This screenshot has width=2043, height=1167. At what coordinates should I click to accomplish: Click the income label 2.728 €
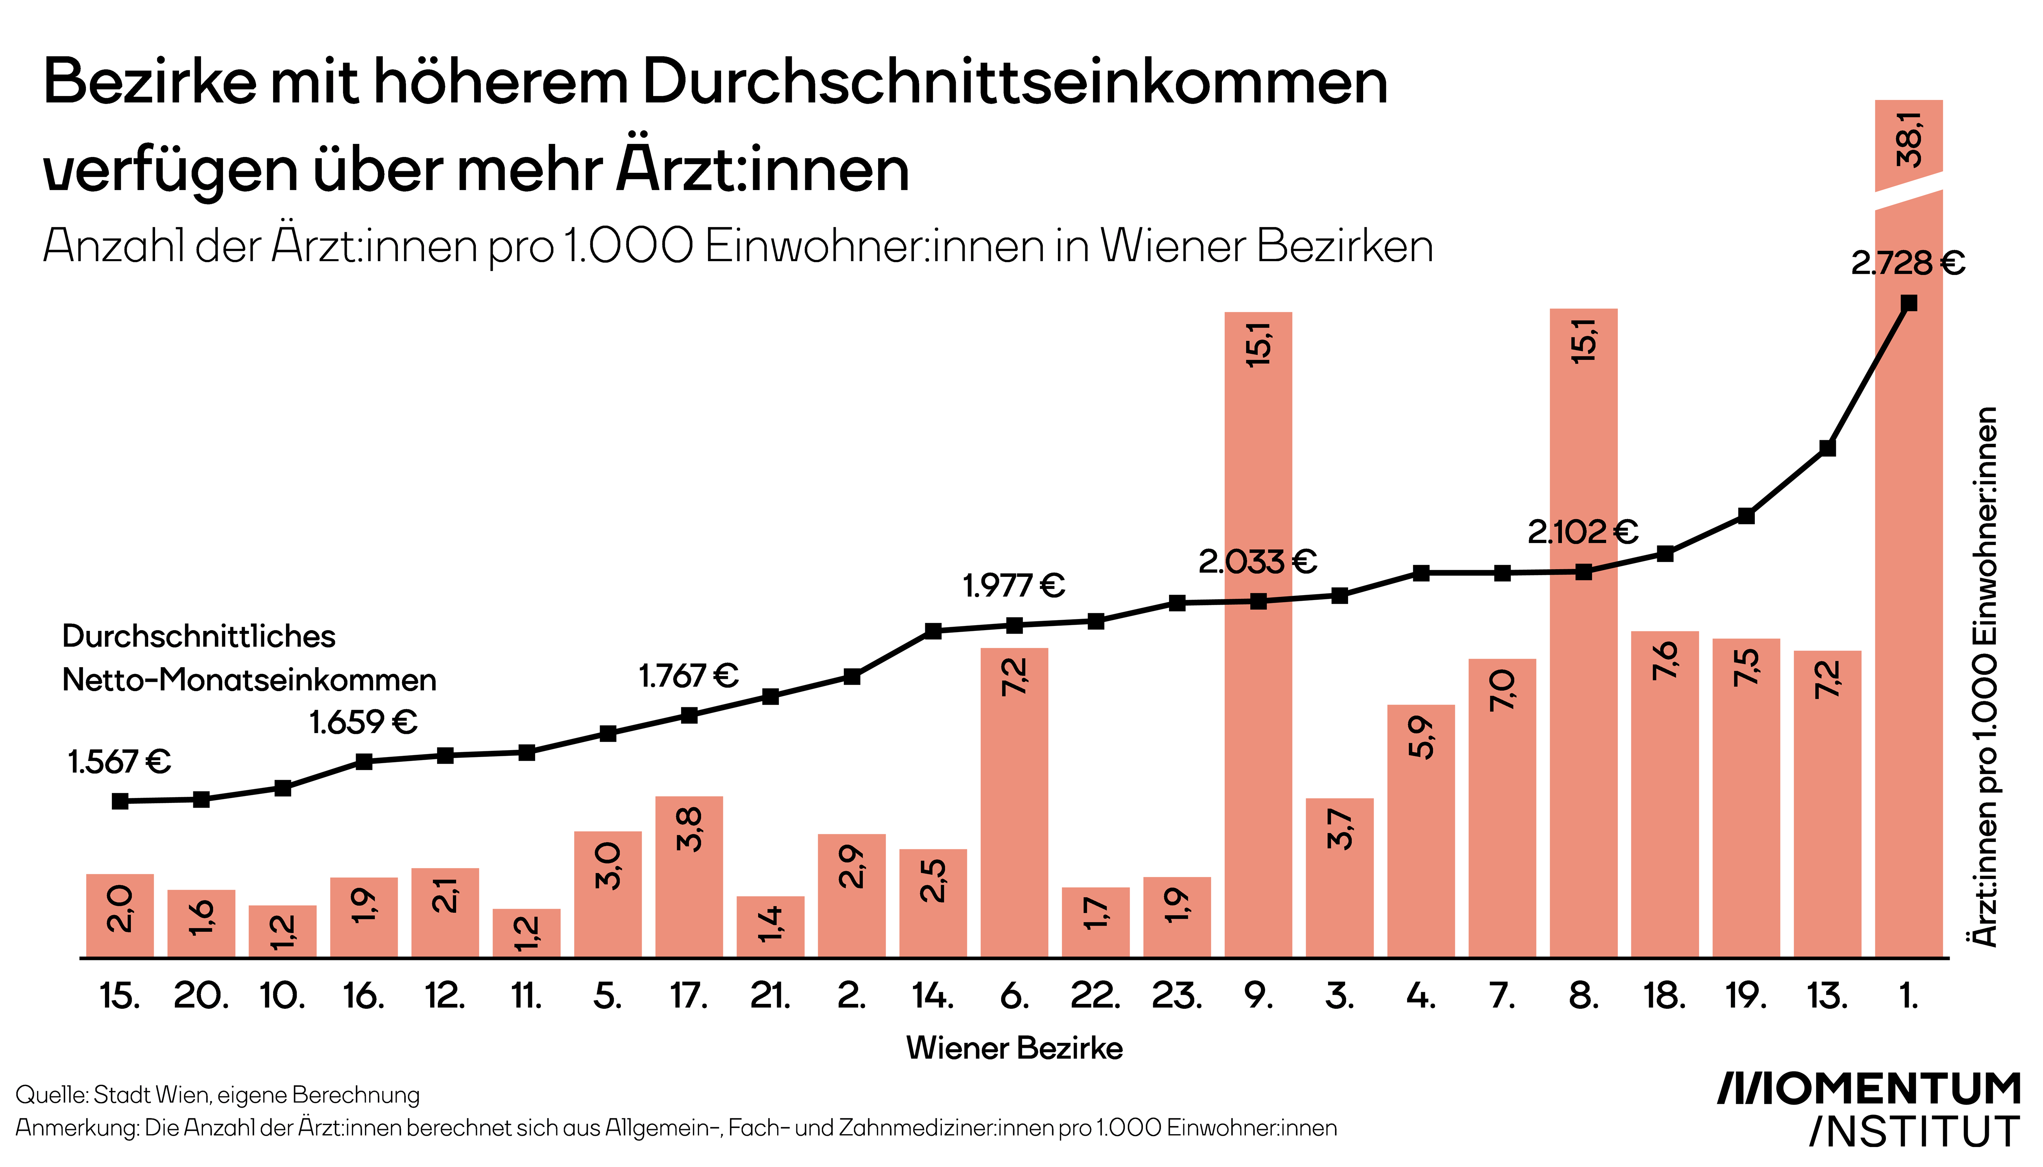[x=1908, y=263]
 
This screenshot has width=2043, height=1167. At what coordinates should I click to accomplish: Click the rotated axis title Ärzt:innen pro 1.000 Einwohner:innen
[x=1985, y=677]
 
